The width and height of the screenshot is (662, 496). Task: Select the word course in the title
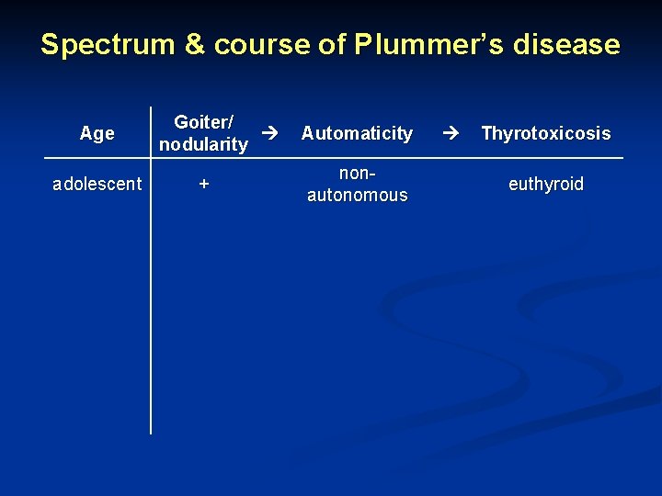coord(262,44)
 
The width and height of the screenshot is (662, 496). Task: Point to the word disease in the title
coord(568,44)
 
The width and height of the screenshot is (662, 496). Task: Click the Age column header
coord(97,133)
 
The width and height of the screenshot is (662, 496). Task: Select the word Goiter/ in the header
coord(203,122)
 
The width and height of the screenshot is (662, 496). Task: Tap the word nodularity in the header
coord(203,144)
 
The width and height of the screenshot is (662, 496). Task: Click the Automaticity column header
coord(357,133)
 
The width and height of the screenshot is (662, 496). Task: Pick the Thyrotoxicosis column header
coord(545,133)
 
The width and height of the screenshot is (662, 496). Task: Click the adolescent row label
coord(97,184)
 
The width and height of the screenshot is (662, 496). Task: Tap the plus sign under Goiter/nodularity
coord(204,184)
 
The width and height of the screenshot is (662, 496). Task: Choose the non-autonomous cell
coord(357,184)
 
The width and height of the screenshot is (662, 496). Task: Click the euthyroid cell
coord(546,184)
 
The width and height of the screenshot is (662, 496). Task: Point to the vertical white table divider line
coord(151,303)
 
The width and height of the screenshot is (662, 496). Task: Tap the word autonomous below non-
coord(357,195)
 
